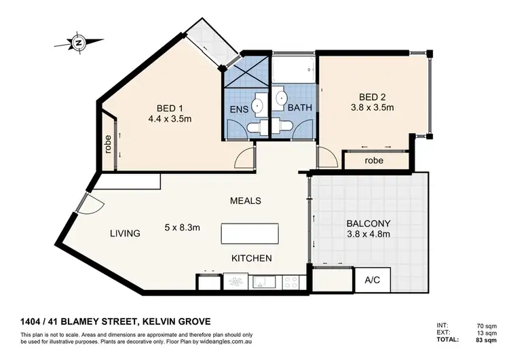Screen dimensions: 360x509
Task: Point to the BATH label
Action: click(x=299, y=108)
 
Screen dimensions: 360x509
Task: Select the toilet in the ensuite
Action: click(x=258, y=126)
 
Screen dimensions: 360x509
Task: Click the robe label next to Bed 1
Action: click(x=109, y=145)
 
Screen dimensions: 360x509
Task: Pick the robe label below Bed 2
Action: click(x=374, y=162)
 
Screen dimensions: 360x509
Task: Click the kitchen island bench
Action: click(x=249, y=234)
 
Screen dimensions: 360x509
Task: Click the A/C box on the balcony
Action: click(x=372, y=278)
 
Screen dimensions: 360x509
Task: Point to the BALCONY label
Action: click(x=369, y=223)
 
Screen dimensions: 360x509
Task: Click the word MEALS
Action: click(x=246, y=201)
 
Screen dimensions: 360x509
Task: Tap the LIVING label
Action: click(x=126, y=234)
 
